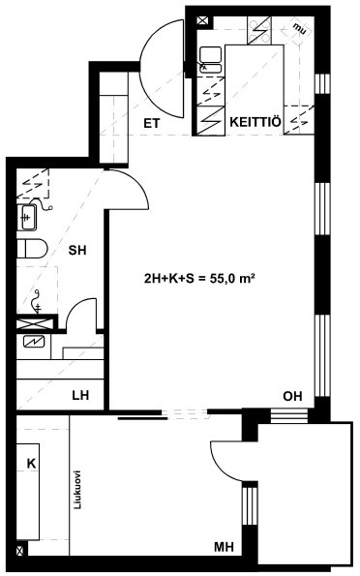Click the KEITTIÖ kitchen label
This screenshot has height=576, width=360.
coord(255,122)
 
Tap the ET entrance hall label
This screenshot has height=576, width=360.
coord(152,124)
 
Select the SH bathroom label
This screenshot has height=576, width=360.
coord(77,250)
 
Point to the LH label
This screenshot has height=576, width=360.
coord(80,395)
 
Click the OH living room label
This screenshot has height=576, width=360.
coord(293,396)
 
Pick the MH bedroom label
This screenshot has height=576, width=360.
coord(225,547)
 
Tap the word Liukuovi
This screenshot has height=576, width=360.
coord(77,489)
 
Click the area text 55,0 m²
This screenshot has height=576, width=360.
coord(232,279)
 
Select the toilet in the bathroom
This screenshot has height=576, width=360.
coord(32,249)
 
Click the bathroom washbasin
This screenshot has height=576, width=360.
coord(27,218)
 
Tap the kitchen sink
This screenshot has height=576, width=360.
coord(211,59)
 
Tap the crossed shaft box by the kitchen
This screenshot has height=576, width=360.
coord(202,21)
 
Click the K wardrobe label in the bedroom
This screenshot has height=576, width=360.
coord(32,464)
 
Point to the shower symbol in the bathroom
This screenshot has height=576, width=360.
coord(37,302)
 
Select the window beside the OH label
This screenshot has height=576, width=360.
coord(288,415)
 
